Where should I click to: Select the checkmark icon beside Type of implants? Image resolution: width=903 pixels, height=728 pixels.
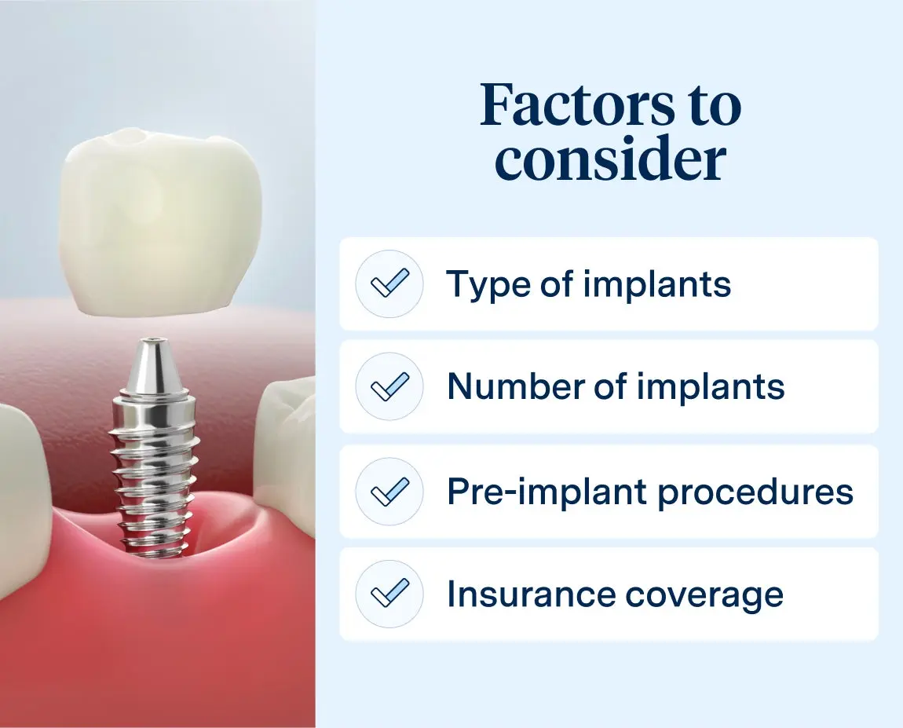tap(389, 284)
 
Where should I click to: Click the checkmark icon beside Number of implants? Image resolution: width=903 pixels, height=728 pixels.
tap(389, 386)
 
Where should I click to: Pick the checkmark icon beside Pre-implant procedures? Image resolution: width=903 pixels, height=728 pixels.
tap(389, 492)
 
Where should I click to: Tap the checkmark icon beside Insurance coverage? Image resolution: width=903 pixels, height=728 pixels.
tap(389, 594)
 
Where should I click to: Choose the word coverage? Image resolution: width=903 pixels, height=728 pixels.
tap(704, 594)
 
